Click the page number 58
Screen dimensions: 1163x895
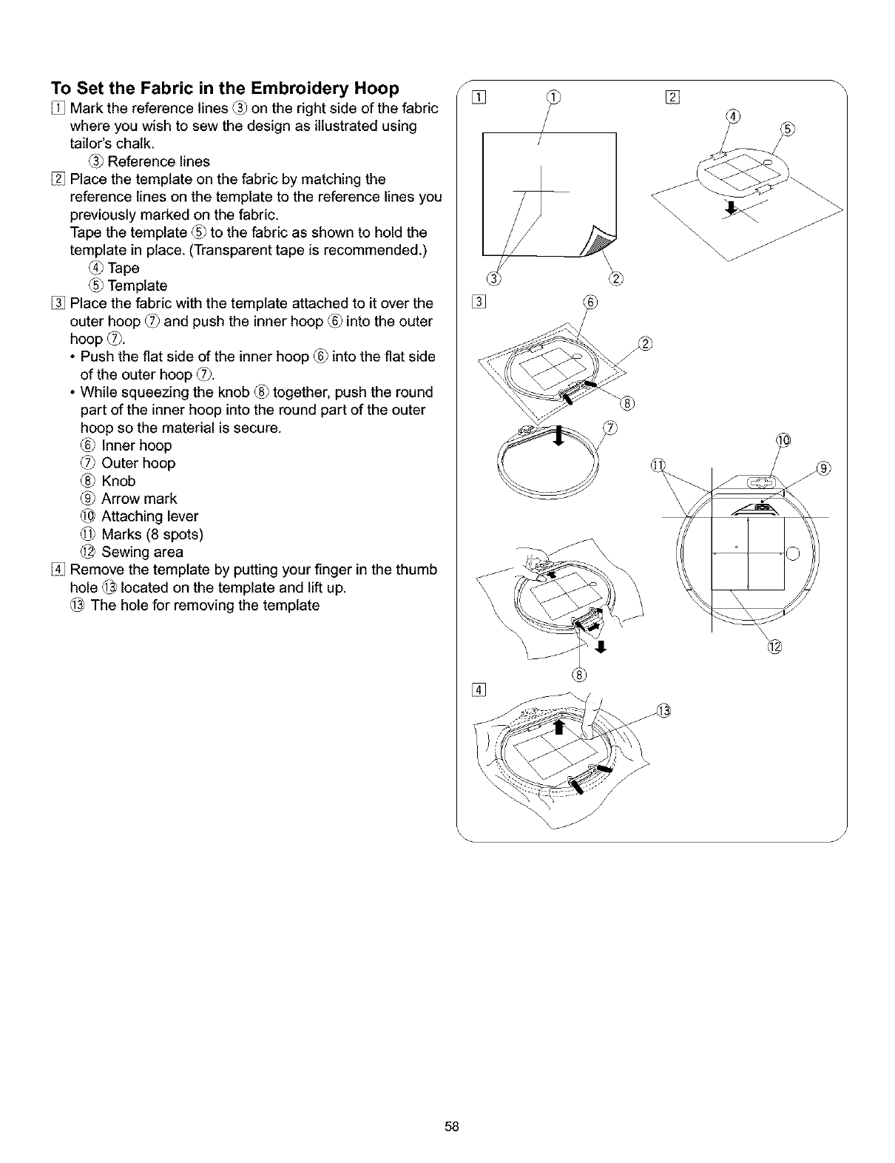click(x=453, y=1127)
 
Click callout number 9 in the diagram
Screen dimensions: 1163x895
click(x=825, y=468)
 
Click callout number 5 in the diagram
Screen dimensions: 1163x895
click(x=788, y=129)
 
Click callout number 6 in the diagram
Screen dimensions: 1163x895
click(x=590, y=302)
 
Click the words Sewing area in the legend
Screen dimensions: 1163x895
click(x=142, y=552)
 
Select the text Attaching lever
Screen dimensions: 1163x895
click(x=149, y=516)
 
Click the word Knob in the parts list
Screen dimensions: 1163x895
click(x=118, y=481)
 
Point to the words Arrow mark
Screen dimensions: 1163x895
click(x=139, y=499)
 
